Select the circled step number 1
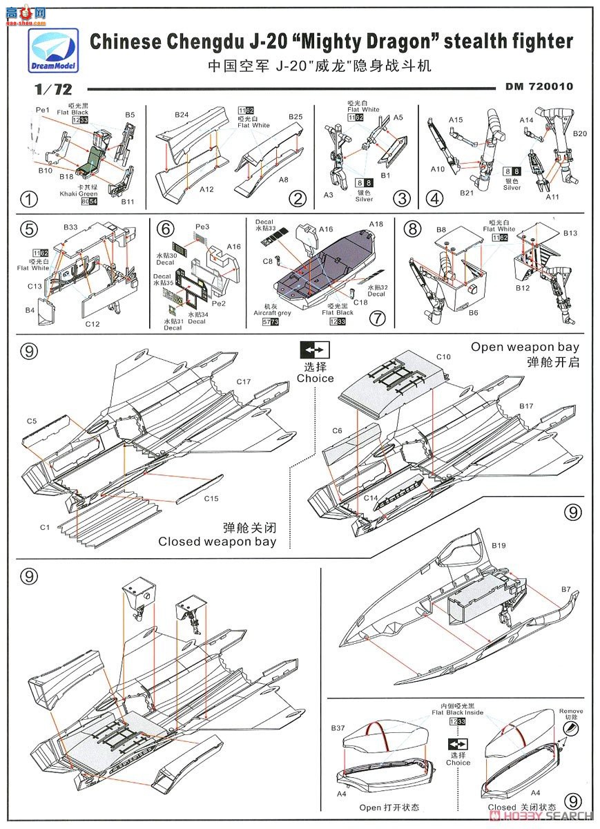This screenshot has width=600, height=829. [28, 200]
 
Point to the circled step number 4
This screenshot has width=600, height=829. [434, 199]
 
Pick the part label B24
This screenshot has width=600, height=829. [181, 114]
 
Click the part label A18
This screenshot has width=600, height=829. [376, 225]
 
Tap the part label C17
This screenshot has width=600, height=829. [243, 381]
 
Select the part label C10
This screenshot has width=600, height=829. [443, 356]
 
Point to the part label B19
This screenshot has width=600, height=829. [499, 546]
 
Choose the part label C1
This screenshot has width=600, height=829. [45, 527]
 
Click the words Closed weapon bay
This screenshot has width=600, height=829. [217, 542]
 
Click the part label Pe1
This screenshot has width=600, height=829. [43, 110]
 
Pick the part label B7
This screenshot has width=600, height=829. [565, 589]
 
